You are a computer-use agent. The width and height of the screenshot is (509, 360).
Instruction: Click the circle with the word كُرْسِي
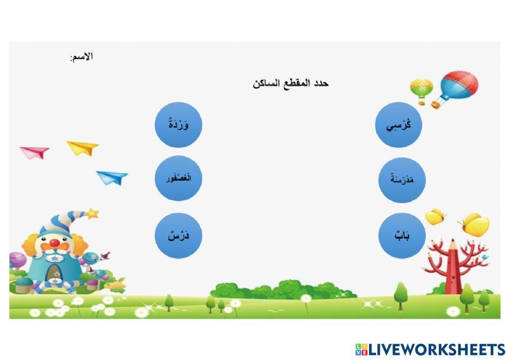(399, 125)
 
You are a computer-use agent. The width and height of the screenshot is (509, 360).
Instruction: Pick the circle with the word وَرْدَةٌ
(178, 125)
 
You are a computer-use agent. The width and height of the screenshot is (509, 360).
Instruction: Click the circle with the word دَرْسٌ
(178, 235)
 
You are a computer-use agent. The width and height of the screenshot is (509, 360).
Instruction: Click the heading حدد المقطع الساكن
(291, 83)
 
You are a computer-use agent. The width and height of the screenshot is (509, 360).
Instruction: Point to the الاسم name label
(81, 57)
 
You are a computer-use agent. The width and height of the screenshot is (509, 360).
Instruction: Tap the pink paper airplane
(35, 152)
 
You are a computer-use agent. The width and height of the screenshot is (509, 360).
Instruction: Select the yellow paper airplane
(83, 148)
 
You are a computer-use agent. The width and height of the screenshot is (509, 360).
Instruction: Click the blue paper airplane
(112, 177)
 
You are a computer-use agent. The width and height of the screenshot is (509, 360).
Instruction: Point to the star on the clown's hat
(92, 213)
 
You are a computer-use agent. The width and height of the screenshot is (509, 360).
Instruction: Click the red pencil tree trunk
(453, 270)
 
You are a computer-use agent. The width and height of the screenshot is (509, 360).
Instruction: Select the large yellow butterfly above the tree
(475, 225)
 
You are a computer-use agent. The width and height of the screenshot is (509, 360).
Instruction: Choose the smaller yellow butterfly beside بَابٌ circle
(435, 216)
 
